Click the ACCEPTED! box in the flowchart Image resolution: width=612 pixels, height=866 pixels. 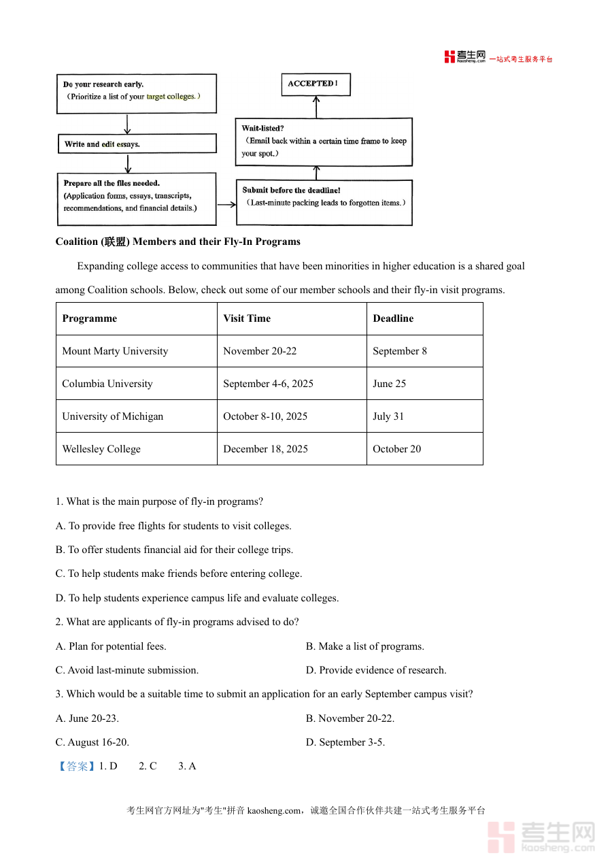pos(316,84)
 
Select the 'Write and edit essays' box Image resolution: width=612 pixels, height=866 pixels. pos(137,144)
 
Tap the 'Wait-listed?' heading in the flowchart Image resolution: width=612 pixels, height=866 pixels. pos(263,128)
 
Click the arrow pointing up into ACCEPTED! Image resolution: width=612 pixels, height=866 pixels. pos(316,106)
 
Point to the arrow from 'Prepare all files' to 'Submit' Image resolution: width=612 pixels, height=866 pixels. pos(226,203)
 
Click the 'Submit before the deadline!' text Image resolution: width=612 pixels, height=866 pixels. pos(292,190)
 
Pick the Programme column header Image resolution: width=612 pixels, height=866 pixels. pos(90,318)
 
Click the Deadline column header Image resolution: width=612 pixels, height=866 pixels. pos(393,318)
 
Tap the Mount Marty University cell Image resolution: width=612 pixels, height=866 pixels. pos(115,351)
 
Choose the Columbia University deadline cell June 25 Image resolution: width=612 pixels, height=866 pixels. pos(390,384)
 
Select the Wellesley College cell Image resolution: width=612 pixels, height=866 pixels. pos(101,449)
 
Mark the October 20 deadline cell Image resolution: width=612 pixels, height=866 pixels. pos(397,449)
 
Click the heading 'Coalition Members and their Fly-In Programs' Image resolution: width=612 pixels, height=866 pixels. pos(178,242)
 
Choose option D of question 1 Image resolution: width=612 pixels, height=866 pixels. pos(197,598)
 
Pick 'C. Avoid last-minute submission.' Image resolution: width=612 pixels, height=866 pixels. pos(127,670)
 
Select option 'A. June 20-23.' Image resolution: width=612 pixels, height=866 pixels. pos(87,718)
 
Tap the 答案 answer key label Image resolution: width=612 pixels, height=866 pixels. pos(77,766)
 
